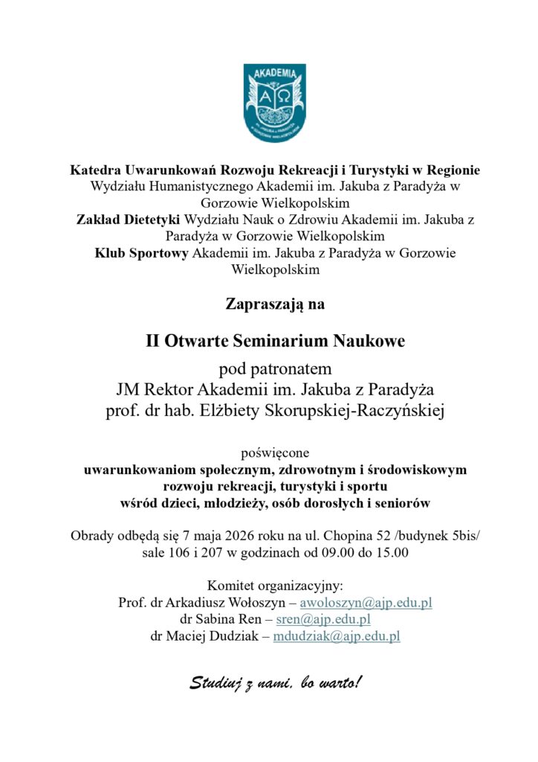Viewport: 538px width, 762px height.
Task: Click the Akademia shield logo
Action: pos(274,103)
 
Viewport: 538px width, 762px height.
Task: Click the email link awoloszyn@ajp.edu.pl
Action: pos(366,603)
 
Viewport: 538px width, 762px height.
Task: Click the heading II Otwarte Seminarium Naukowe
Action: pos(275,342)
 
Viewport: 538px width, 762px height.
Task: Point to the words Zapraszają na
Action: pos(275,304)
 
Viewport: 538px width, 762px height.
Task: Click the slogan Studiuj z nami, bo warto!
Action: pos(275,682)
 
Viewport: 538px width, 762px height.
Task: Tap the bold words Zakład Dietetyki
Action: pos(129,220)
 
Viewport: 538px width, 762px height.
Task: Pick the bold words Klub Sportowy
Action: pos(142,253)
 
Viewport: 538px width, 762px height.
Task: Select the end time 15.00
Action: pos(393,553)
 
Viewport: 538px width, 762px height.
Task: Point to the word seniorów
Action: pos(401,504)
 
